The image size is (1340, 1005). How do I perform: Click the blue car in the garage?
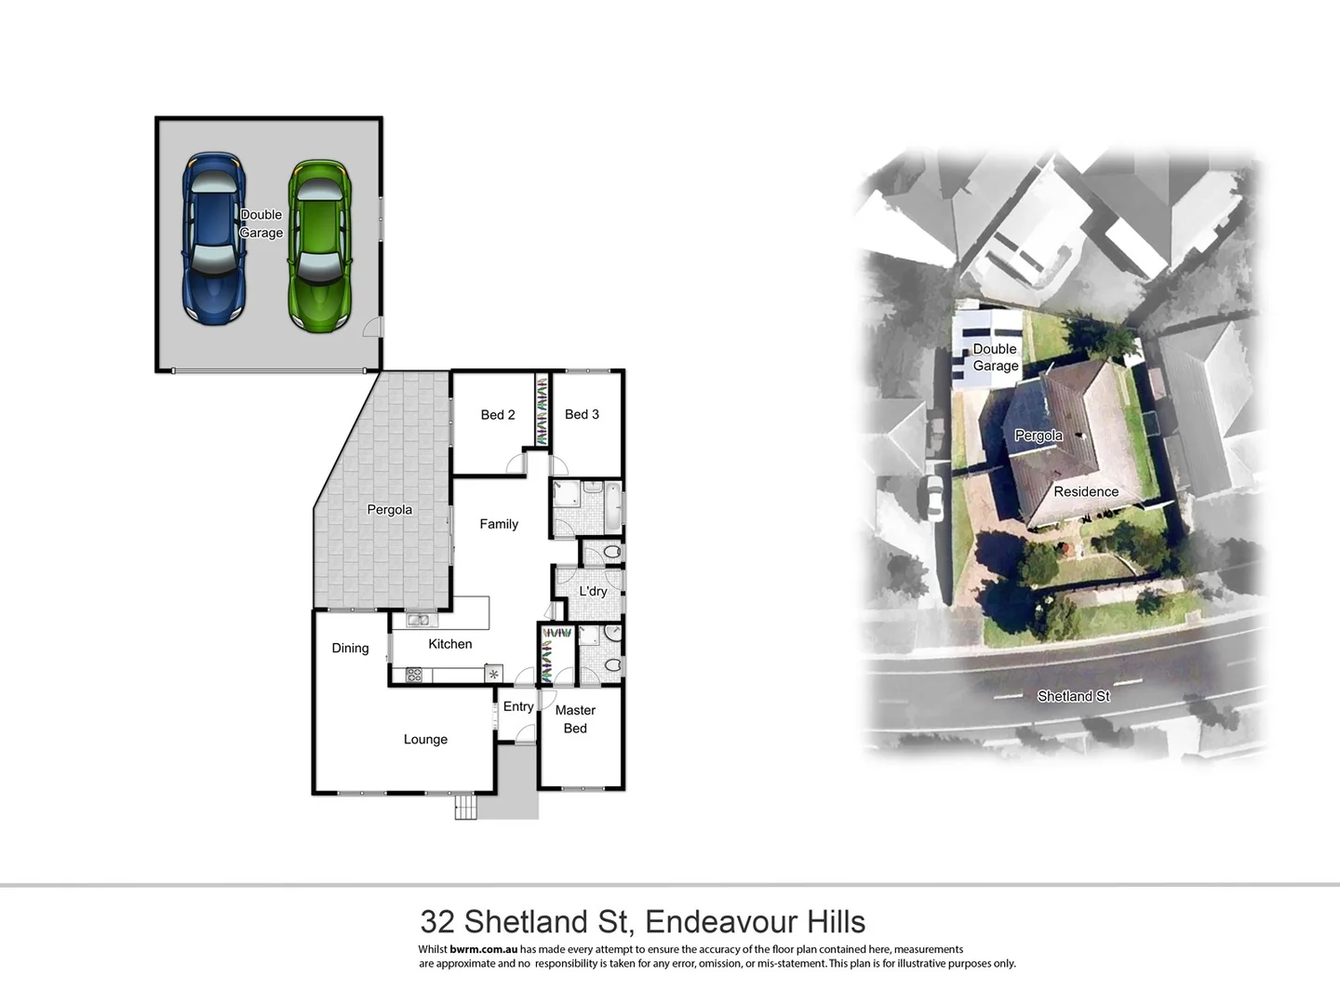214,239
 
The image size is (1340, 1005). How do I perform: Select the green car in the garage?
320,246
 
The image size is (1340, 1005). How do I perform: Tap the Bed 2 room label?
498,415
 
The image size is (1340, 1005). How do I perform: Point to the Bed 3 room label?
582,414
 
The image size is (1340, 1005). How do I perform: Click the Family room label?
499,524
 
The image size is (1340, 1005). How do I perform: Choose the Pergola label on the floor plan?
389,510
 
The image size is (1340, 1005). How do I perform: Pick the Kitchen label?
449,644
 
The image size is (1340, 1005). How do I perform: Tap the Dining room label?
350,649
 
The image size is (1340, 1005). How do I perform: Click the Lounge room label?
425,740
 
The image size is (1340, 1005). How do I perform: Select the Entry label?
518,706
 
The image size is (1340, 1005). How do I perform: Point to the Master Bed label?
575,719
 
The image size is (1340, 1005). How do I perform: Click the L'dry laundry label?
593,591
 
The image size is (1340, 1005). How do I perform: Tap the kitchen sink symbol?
417,621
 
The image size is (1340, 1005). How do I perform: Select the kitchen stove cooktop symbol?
414,675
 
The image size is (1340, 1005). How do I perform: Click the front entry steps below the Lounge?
465,807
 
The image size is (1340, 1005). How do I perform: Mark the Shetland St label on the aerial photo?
1073,696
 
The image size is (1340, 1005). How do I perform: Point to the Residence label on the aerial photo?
1086,491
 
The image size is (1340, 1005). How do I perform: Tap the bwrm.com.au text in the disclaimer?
483,949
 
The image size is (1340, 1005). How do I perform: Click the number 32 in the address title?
437,921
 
